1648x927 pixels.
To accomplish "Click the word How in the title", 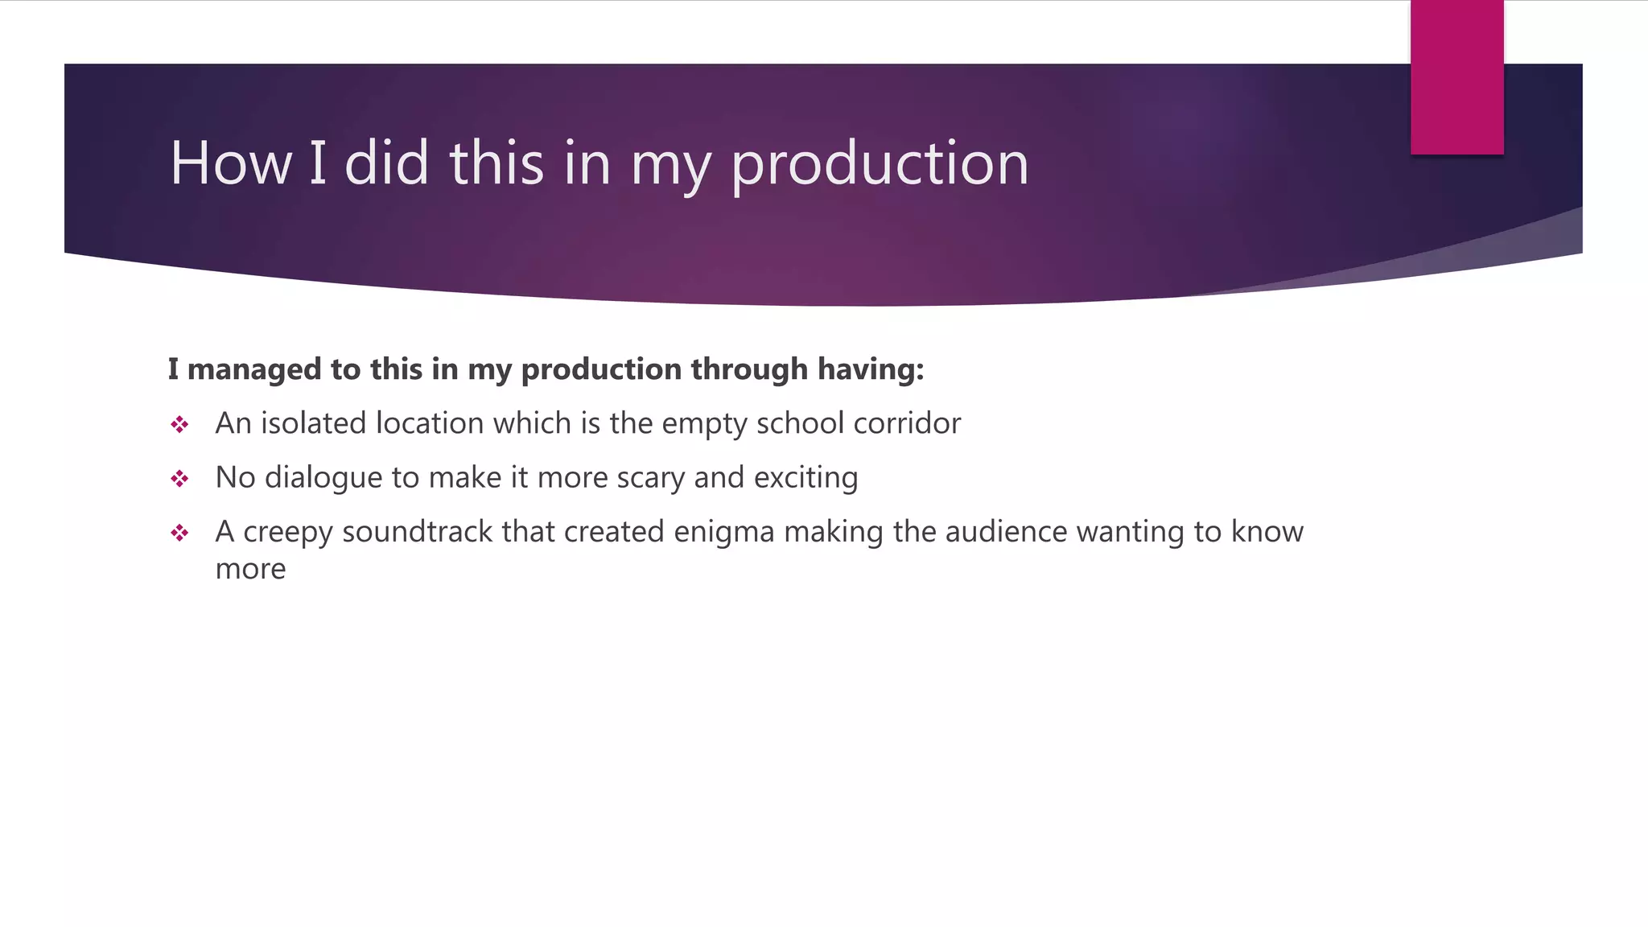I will pos(230,163).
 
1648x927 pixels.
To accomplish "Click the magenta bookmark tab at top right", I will pos(1456,78).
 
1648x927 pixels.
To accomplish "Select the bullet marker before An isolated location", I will pos(179,424).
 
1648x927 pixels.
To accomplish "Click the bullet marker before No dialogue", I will pos(179,479).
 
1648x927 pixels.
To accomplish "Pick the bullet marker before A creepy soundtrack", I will pos(179,533).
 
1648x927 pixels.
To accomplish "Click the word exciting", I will pos(805,478).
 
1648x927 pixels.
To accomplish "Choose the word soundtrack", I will pos(417,532).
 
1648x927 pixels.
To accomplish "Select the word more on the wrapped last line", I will pos(250,569).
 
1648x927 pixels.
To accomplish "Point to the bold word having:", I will pos(871,369).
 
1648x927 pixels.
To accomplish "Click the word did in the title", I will pos(386,163).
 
